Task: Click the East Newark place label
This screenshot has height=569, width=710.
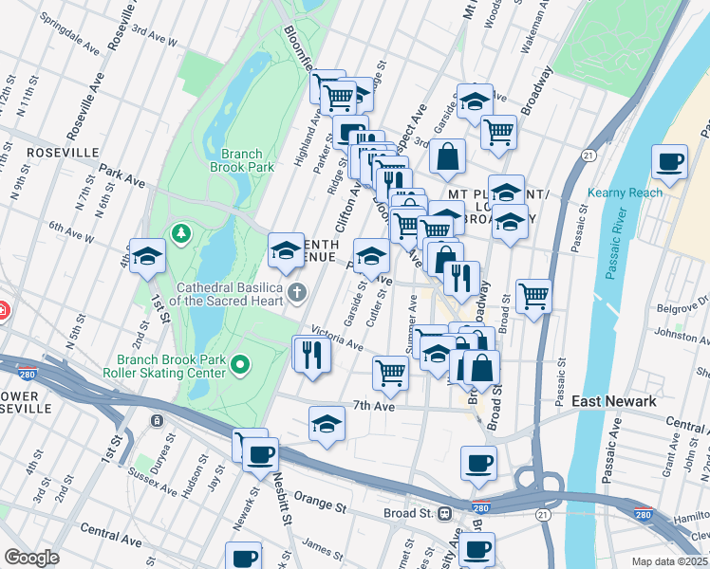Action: tap(613, 402)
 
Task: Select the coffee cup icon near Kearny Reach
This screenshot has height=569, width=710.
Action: tap(670, 161)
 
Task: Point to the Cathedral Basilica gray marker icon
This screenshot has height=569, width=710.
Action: tap(298, 291)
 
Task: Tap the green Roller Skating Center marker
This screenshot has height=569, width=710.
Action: tap(241, 363)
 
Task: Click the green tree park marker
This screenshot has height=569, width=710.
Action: tap(179, 232)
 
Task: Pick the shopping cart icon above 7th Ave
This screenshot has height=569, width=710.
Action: tap(390, 373)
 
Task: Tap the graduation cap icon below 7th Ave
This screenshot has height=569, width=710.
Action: tap(327, 423)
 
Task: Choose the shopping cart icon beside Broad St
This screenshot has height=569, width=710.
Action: tap(533, 295)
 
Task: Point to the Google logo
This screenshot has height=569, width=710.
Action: tap(31, 558)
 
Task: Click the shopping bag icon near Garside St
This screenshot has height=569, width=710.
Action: tap(447, 156)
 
